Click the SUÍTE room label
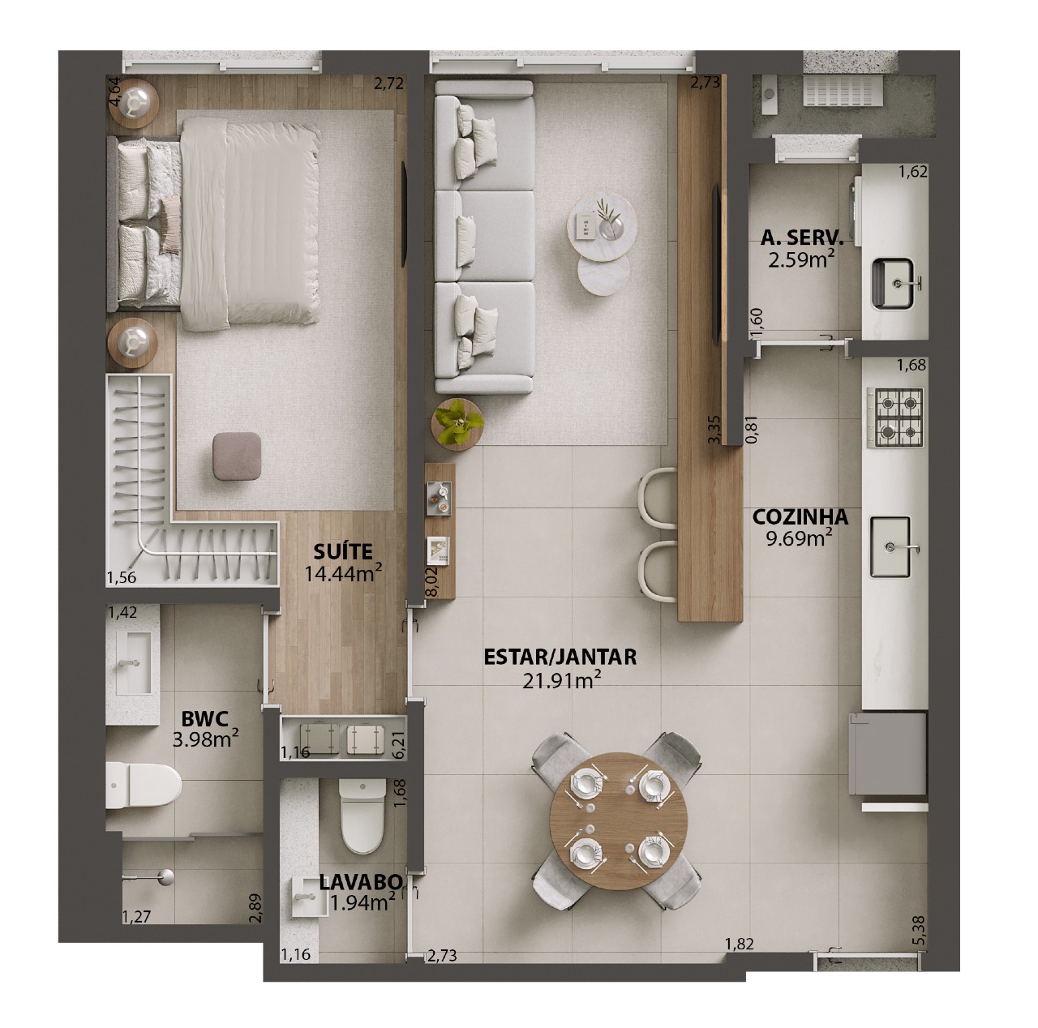tap(343, 552)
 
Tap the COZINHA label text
tap(800, 517)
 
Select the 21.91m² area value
tap(561, 680)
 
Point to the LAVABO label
tap(360, 882)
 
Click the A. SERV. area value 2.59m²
tap(801, 259)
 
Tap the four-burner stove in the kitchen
tap(894, 418)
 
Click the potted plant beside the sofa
tap(457, 424)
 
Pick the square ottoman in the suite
tap(237, 456)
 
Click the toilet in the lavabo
tap(362, 816)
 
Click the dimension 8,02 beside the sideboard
tap(431, 580)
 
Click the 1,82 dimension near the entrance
tap(739, 944)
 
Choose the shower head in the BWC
tap(165, 876)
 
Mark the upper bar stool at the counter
tap(657, 496)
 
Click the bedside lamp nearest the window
tap(133, 102)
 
